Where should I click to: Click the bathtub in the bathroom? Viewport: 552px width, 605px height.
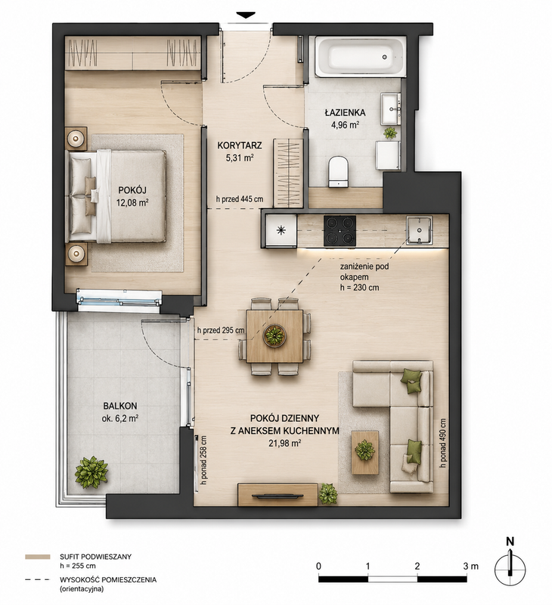coord(360,56)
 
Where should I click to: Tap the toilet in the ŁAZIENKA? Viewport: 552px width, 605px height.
coord(339,172)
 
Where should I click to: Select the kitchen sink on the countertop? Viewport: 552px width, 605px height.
coord(420,231)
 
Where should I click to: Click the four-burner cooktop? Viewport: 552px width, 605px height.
coord(340,231)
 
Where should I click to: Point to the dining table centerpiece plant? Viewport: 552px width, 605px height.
coord(274,335)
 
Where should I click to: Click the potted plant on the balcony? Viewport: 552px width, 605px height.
coord(91,472)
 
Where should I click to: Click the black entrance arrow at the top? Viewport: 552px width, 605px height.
coord(246,15)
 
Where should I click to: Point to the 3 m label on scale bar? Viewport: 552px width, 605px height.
coord(470,566)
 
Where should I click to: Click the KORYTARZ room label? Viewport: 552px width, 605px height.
coord(240,145)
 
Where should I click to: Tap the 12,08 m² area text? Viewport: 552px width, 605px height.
coord(132,203)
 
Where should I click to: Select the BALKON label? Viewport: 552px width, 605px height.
coord(120,406)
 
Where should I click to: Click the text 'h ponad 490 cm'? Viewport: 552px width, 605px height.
coord(442,443)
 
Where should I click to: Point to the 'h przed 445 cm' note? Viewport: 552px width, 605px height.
coord(240,199)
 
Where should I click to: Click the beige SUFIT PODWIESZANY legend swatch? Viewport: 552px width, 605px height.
coord(37,557)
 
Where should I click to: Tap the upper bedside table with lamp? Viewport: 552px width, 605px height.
coord(76,138)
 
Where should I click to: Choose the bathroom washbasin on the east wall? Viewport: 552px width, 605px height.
coord(392,108)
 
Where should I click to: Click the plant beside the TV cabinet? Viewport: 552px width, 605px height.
coord(328,494)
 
